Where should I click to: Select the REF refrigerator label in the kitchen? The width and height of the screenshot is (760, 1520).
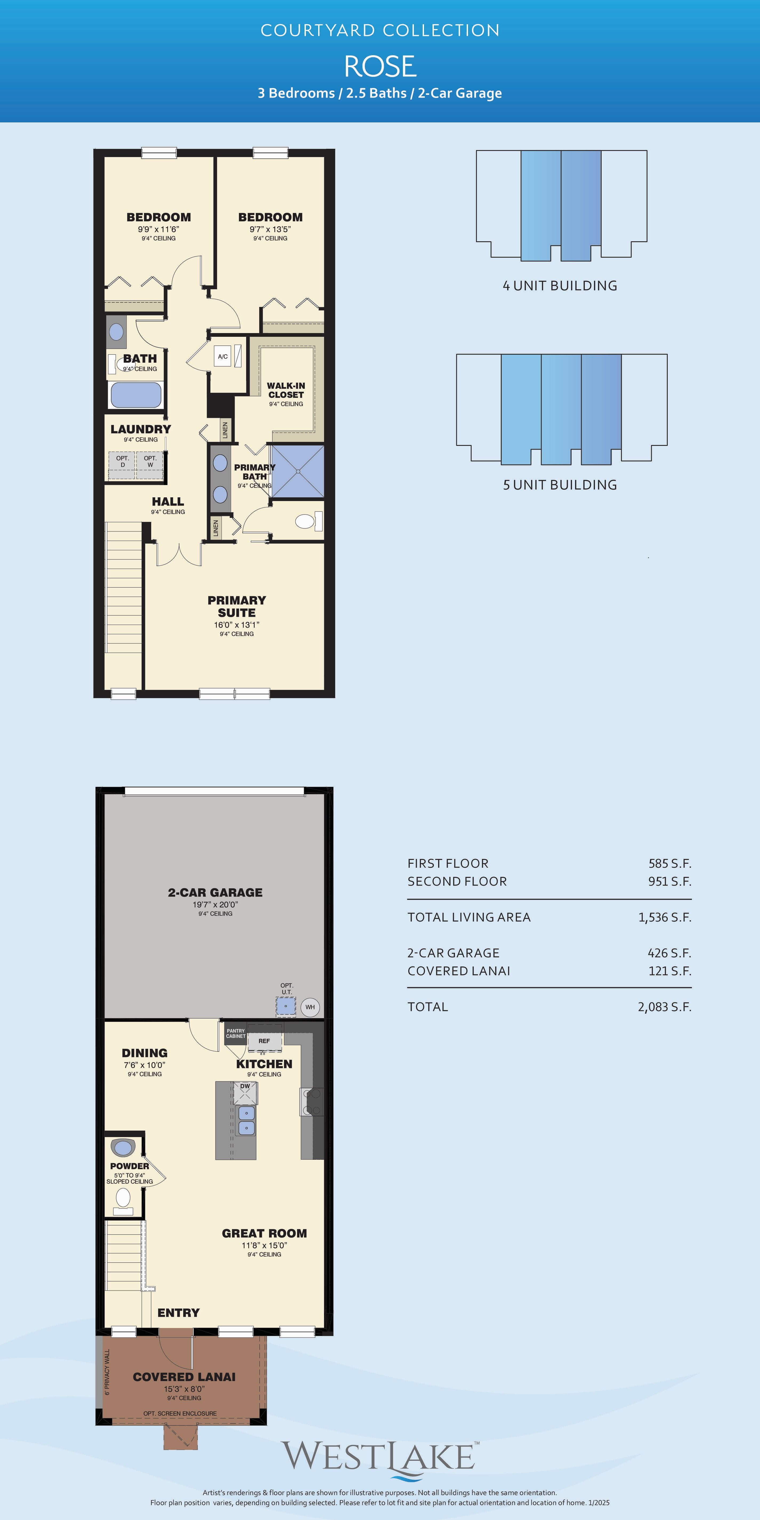[264, 1041]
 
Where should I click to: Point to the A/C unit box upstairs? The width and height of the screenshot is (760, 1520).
[222, 356]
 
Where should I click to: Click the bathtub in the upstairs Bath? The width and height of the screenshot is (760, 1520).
[136, 395]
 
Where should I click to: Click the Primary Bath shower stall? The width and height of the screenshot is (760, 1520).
[297, 471]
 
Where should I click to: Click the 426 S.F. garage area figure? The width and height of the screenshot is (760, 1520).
[669, 953]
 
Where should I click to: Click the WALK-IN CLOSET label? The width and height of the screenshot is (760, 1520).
[286, 390]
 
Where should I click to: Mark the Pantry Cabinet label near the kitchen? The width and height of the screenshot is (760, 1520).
[235, 1033]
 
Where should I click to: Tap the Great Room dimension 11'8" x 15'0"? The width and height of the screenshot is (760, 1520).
[264, 1245]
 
